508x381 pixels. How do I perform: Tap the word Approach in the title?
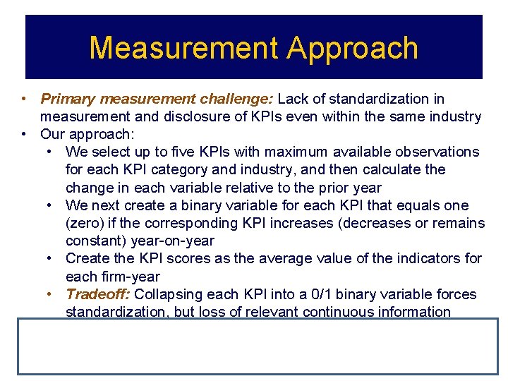click(353, 48)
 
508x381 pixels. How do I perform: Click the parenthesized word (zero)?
click(85, 223)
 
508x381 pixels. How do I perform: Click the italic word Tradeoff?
click(97, 294)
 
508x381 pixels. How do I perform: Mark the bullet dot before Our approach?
click(24, 134)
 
